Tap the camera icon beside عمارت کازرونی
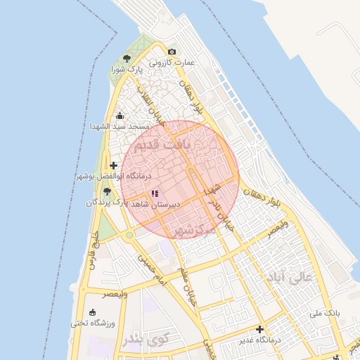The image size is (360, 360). (172, 52)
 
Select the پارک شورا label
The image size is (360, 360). (127, 70)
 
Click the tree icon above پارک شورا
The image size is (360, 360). (127, 59)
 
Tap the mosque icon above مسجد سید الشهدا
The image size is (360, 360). (120, 115)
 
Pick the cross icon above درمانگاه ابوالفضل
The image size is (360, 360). (114, 165)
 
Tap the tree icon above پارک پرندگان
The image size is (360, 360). (107, 191)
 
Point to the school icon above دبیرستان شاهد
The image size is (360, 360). (155, 193)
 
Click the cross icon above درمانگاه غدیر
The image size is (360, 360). (260, 329)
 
